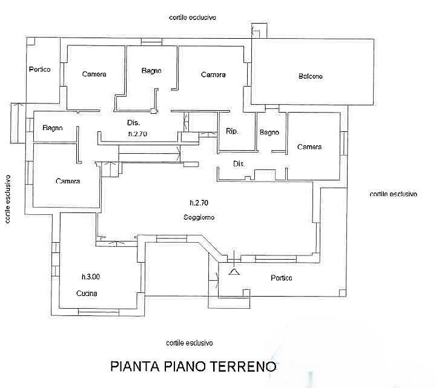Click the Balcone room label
[310, 76]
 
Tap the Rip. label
[231, 131]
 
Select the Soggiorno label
[199, 217]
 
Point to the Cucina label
[87, 294]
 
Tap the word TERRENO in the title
[246, 367]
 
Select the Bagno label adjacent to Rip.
[269, 133]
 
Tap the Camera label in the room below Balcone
[309, 147]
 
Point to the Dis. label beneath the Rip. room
[239, 163]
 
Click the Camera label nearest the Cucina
[68, 181]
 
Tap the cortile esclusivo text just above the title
[190, 342]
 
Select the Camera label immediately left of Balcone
[213, 75]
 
